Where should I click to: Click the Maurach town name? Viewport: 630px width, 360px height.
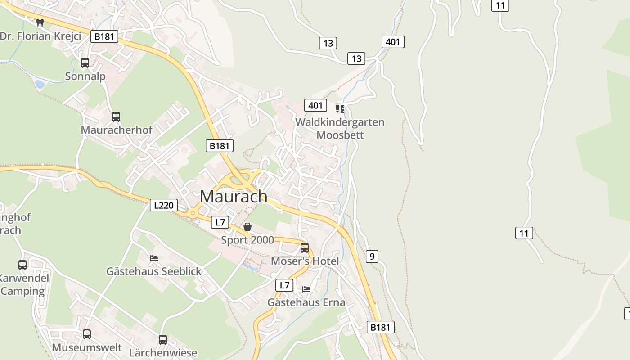(234, 197)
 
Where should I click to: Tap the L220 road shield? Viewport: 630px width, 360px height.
(163, 206)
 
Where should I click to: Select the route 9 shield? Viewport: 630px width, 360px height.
(372, 256)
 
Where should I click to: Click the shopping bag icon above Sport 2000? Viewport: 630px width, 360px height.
(247, 227)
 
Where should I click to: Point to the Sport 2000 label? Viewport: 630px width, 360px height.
(247, 240)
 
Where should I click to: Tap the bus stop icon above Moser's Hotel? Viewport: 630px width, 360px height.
(305, 247)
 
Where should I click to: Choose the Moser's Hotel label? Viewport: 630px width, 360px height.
(305, 261)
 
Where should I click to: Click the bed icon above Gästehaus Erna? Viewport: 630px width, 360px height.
(306, 289)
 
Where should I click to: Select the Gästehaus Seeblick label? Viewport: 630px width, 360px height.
(154, 271)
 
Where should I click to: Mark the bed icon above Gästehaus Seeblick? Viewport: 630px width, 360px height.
(154, 258)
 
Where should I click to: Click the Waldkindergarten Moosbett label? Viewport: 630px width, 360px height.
(340, 129)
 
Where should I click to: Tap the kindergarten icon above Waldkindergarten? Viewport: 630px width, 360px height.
(340, 108)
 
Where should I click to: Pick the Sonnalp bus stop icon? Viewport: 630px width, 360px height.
(85, 63)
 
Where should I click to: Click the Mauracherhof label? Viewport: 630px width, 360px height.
(117, 130)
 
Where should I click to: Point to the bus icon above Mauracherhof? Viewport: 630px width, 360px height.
(116, 117)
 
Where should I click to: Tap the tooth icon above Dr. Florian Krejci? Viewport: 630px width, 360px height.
(40, 22)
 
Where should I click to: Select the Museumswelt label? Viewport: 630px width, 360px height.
(87, 347)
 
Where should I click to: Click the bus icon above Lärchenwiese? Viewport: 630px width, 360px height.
(163, 339)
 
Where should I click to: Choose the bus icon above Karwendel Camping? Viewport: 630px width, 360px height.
(22, 265)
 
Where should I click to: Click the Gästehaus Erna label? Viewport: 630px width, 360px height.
(306, 302)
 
